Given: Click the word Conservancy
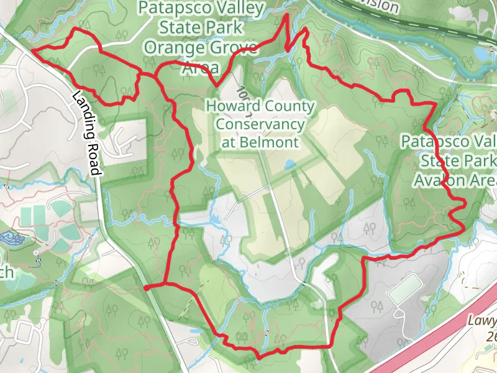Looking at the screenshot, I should (x=260, y=124).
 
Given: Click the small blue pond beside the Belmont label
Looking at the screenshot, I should (x=290, y=165).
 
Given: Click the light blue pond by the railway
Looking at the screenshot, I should (x=482, y=53).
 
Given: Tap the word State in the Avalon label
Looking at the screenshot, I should (x=438, y=160).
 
